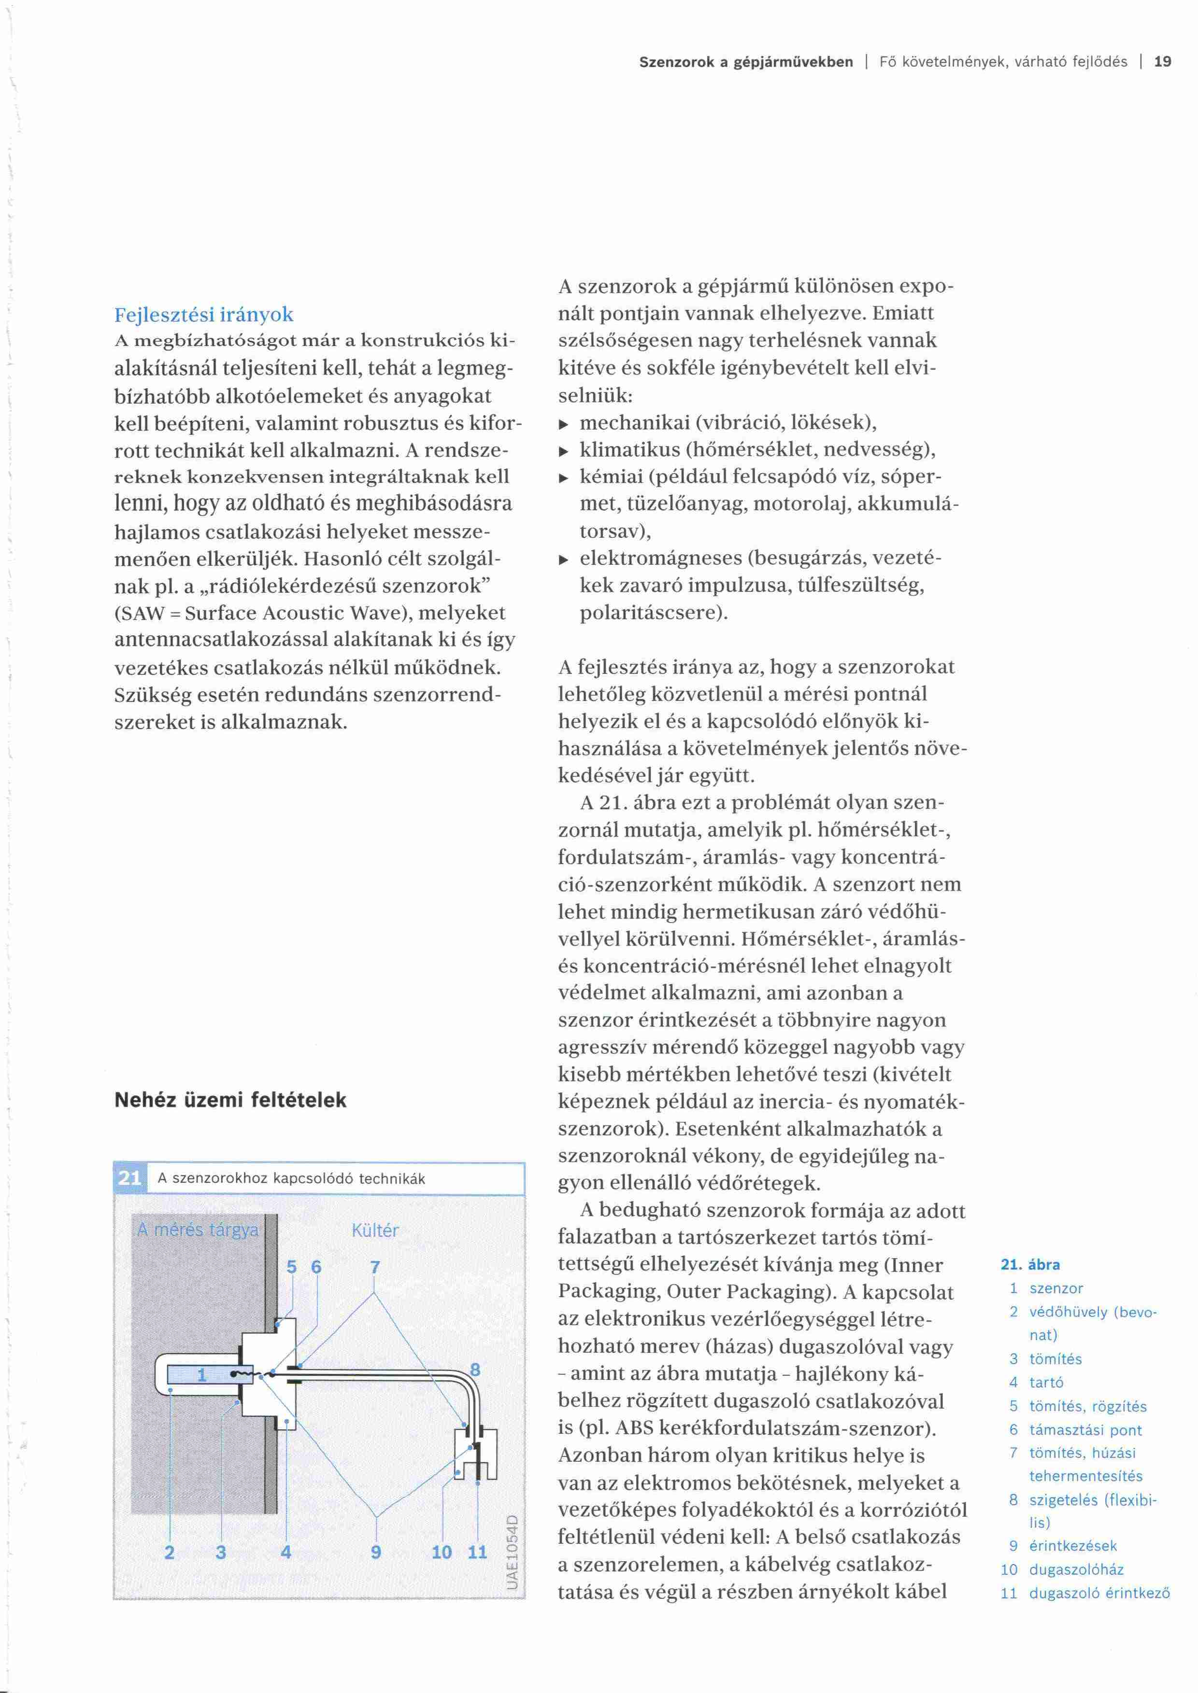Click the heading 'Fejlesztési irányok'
[x=203, y=315]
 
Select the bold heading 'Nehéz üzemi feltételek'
[x=230, y=1100]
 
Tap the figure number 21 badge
[x=130, y=1177]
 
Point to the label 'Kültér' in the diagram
[x=375, y=1230]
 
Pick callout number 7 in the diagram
[x=375, y=1267]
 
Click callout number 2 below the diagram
[x=170, y=1552]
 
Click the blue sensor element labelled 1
[x=200, y=1374]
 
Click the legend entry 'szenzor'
[x=1056, y=1288]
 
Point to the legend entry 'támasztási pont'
[x=1085, y=1430]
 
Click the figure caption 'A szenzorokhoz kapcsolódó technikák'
[x=291, y=1178]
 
